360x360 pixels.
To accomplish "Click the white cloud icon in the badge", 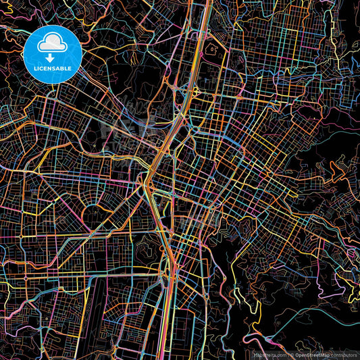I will pos(52,44).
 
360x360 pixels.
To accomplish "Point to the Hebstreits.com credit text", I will pos(267,353).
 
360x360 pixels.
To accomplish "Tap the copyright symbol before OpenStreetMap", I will pos(290,353).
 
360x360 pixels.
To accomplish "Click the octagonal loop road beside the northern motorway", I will pos(211,49).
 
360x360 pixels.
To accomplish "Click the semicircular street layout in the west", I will pos(61,196).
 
